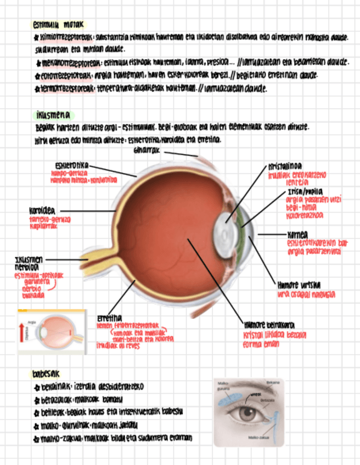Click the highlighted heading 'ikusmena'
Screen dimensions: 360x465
(x=51, y=115)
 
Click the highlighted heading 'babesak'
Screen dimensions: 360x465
(x=46, y=375)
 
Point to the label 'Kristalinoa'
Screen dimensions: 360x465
(x=285, y=165)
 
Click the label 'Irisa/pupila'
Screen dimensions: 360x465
(x=304, y=192)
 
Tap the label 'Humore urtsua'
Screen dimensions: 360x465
(x=299, y=285)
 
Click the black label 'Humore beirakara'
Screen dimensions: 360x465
(x=266, y=325)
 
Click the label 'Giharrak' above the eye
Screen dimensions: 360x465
(x=147, y=150)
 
